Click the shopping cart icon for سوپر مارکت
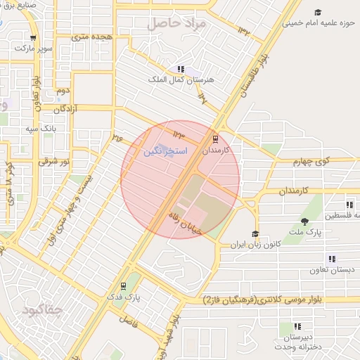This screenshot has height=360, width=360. (x=33, y=39)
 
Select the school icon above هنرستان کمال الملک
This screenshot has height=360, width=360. (x=181, y=69)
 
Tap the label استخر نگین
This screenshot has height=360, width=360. (x=165, y=151)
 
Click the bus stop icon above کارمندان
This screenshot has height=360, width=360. (x=215, y=139)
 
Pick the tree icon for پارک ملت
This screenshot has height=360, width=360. (x=304, y=221)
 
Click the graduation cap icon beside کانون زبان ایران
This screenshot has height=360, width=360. (x=255, y=234)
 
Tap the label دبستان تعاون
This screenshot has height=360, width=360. (x=332, y=269)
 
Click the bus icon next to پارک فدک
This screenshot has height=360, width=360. (x=124, y=286)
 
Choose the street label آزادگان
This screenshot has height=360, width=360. (x=70, y=109)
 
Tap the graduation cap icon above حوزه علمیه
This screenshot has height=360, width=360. (x=318, y=12)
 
